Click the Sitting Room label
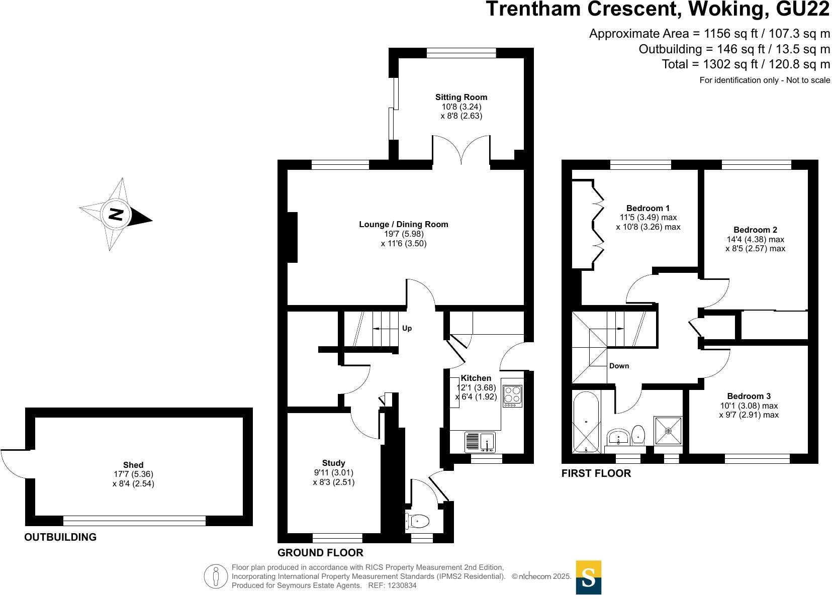[461, 97]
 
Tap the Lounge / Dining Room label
[403, 225]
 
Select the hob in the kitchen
[512, 395]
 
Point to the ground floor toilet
[418, 522]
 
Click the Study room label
[333, 463]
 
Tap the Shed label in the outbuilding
[133, 465]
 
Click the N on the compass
[116, 215]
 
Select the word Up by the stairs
[407, 328]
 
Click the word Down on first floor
[619, 366]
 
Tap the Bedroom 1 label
[648, 208]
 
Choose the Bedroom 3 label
[749, 396]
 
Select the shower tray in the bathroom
[668, 431]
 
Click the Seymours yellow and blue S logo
[588, 577]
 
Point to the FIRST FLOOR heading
[596, 473]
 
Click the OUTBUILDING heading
[60, 537]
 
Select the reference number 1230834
[400, 585]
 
